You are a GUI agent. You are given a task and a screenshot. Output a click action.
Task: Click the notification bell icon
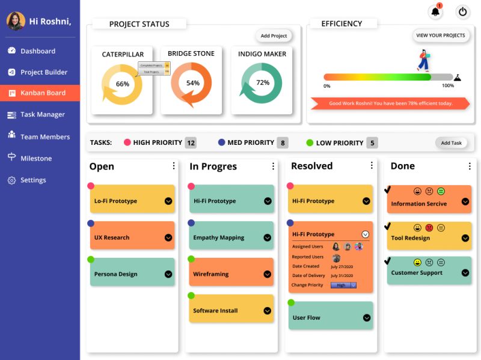(435, 11)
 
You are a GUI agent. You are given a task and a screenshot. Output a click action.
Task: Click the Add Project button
(274, 36)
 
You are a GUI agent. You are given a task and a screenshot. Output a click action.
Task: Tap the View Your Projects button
(441, 35)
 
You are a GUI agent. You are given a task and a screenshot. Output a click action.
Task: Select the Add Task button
(451, 143)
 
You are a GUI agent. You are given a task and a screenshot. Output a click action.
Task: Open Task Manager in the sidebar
(42, 115)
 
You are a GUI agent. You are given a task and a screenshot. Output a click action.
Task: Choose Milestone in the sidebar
(36, 159)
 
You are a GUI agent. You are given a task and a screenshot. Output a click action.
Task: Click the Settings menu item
(33, 180)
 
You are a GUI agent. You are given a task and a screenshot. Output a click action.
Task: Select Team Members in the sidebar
(45, 137)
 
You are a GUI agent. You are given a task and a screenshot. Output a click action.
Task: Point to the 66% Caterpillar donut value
(123, 84)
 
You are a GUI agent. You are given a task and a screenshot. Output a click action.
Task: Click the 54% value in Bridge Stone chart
(192, 84)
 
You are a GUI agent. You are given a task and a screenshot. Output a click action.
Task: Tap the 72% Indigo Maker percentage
(263, 83)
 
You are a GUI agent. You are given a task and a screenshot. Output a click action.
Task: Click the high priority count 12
(191, 143)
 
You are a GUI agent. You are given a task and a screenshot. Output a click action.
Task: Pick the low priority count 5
(372, 143)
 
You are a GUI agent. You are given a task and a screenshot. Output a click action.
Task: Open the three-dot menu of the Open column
(174, 166)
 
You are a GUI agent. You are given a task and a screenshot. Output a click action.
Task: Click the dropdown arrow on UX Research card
(168, 238)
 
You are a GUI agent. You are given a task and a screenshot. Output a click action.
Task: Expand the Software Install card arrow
(268, 311)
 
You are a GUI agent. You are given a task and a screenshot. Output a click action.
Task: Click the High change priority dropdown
(343, 285)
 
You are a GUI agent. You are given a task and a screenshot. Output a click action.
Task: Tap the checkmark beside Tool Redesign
(388, 227)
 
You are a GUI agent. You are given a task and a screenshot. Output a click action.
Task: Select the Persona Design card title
(115, 274)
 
